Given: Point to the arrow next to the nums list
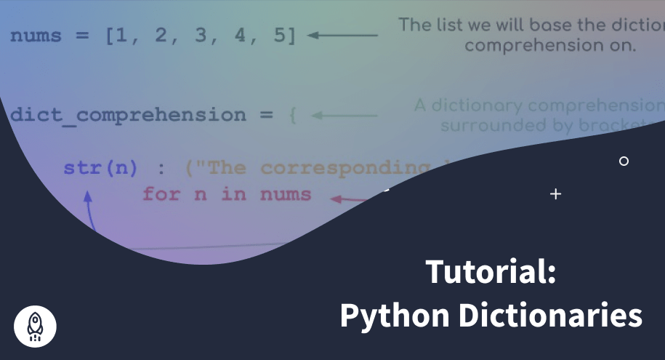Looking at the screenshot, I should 342,35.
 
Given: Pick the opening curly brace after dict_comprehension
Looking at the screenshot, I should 291,115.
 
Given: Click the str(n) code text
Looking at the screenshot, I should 100,168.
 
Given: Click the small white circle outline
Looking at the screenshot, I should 624,161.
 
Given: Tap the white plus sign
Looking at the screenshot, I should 556,194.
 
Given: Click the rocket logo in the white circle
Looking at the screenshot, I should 35,325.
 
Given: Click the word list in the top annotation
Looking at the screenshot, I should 448,25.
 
